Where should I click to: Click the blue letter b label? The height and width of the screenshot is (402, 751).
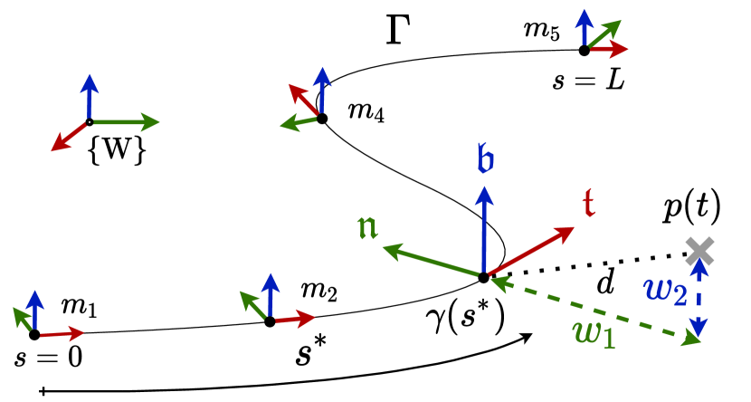pos(485,158)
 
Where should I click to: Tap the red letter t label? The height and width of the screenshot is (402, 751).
pos(588,203)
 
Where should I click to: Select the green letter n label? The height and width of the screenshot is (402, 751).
pos(367,225)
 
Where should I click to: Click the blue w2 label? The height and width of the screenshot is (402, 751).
pos(665,290)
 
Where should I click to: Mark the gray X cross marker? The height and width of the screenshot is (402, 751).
pos(699,251)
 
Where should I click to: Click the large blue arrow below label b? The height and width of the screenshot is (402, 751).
pos(484,231)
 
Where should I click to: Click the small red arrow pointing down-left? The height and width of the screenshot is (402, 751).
pos(69,136)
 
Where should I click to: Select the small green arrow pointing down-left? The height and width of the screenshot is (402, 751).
pos(298,122)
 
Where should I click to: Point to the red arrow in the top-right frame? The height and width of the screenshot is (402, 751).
pos(608,49)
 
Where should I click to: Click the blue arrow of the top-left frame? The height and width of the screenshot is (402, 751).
pos(89,97)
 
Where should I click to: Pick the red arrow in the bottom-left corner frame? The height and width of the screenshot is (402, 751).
pos(61,334)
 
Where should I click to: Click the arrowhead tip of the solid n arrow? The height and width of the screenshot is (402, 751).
pos(385,246)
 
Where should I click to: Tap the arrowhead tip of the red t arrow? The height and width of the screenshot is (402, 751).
pos(574,227)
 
